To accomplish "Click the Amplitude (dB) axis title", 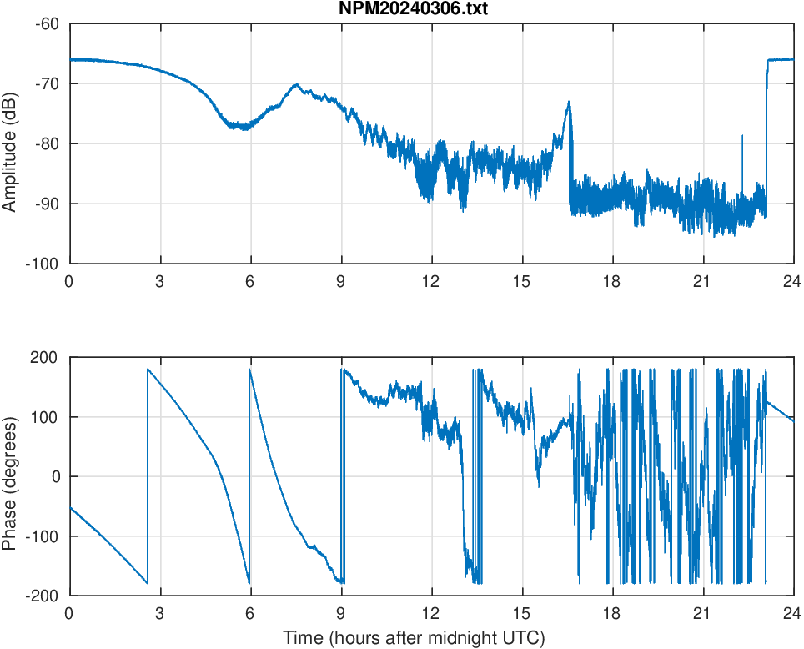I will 11,143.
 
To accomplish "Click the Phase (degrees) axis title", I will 11,476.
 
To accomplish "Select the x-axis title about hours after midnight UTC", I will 414,638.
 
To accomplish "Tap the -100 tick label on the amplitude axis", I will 43,264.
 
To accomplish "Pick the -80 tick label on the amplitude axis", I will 46,143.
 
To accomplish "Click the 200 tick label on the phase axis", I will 45,358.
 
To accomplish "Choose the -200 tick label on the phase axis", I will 43,596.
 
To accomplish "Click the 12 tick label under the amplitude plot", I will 431,281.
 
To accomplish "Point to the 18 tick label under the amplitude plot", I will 612,281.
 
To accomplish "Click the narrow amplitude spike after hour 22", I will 742,135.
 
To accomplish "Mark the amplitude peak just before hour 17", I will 569,103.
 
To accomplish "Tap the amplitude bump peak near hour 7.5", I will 296,85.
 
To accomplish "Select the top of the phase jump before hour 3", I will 148,370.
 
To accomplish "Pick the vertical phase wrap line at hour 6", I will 249,475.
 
